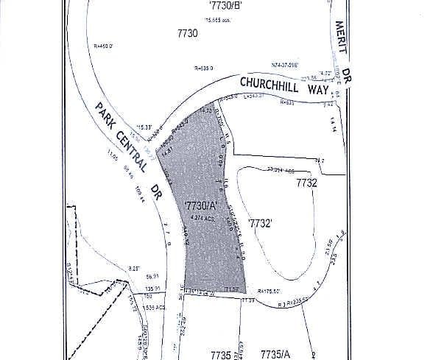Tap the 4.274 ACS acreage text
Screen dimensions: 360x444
pyautogui.click(x=192, y=219)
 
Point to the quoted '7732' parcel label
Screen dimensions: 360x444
pyautogui.click(x=261, y=222)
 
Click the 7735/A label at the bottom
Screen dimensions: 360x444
pyautogui.click(x=277, y=354)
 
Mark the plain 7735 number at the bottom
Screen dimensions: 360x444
pyautogui.click(x=221, y=354)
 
